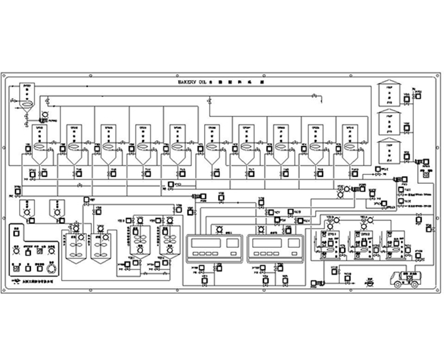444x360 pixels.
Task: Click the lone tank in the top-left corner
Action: point(26,99)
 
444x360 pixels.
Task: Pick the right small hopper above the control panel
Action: point(57,209)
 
